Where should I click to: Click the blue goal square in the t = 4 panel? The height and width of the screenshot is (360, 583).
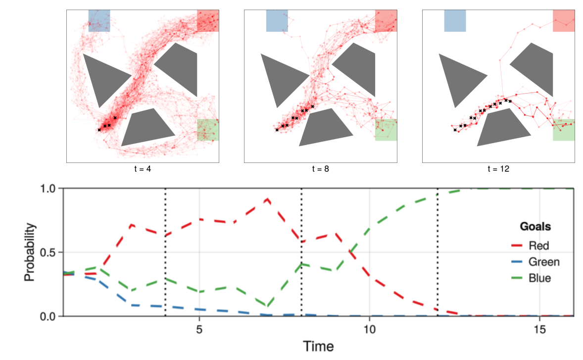(x=99, y=20)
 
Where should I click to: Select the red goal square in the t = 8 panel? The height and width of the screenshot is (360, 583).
(x=386, y=20)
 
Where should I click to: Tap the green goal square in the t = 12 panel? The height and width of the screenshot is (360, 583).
(x=563, y=130)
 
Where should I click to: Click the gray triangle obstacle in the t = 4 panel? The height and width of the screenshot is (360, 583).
(x=102, y=77)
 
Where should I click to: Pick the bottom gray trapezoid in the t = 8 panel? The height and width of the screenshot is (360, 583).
(x=325, y=127)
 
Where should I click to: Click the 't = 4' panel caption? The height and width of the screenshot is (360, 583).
(x=143, y=168)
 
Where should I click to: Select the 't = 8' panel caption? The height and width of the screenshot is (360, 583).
(x=321, y=168)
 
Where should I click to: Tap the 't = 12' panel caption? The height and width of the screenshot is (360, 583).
(x=498, y=168)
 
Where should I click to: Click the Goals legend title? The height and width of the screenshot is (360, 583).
(x=535, y=227)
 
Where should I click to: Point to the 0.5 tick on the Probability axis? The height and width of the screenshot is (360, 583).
(x=50, y=252)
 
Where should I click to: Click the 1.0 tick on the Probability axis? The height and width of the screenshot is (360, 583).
(x=50, y=188)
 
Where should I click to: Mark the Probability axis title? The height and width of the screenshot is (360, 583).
(x=31, y=252)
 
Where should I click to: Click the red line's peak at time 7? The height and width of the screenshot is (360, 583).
(x=267, y=199)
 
